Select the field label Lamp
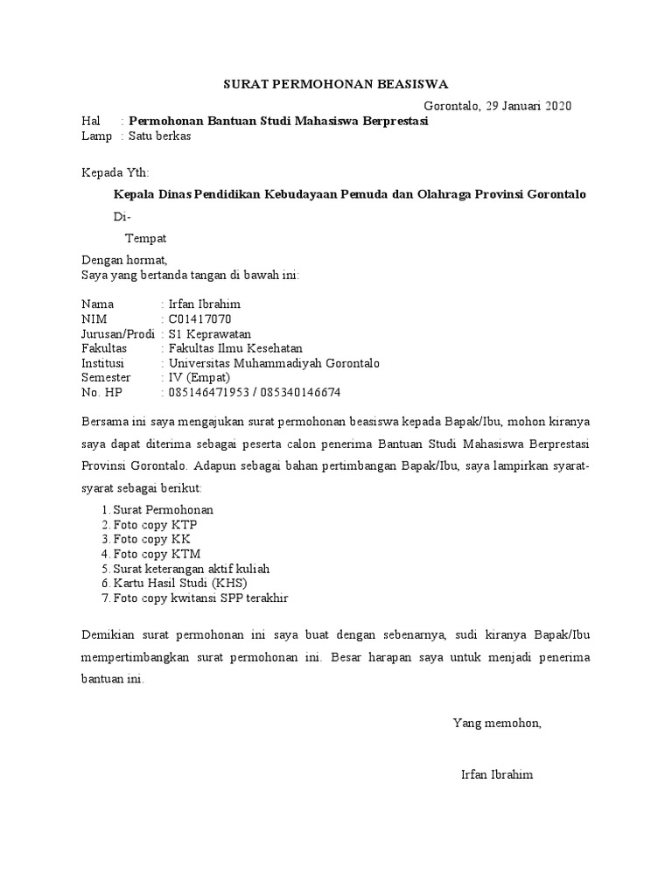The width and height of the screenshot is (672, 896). click(x=96, y=136)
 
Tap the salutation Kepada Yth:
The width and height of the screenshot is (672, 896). click(x=115, y=172)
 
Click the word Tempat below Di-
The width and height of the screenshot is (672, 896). click(x=145, y=238)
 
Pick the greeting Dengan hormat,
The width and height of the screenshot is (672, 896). click(x=123, y=260)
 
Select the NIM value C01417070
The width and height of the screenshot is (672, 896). click(x=200, y=318)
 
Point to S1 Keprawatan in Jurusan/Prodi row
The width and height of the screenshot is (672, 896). click(x=210, y=333)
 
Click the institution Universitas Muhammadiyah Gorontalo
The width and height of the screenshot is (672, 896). click(x=274, y=363)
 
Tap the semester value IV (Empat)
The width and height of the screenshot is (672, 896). click(x=199, y=378)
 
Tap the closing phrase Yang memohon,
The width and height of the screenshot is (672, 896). click(x=497, y=723)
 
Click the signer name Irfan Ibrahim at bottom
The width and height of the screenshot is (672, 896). click(x=497, y=775)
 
